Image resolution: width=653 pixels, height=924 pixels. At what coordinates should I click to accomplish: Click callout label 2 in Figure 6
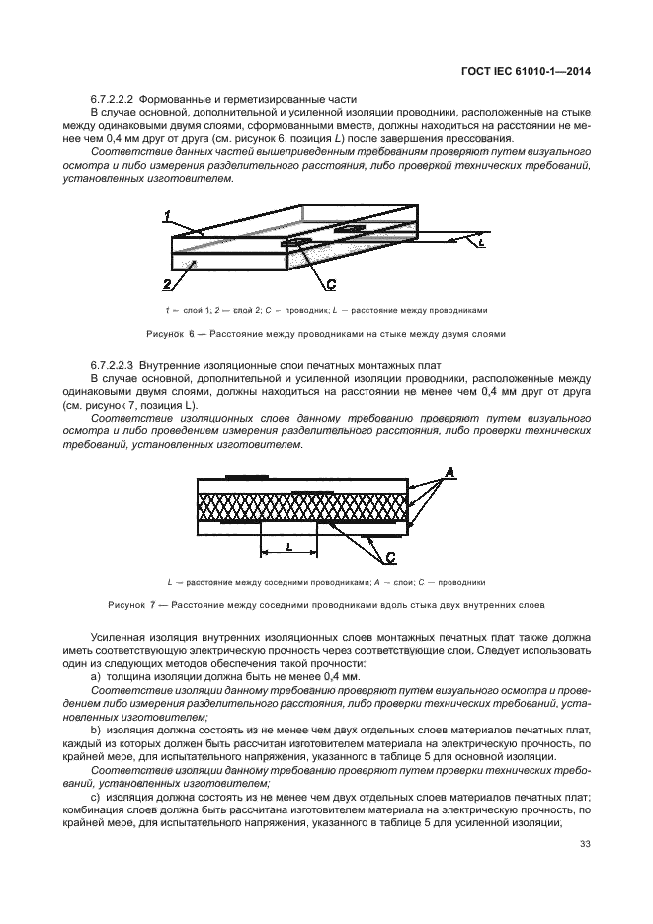pos(168,283)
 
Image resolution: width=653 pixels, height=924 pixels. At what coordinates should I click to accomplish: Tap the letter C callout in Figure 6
pos(331,284)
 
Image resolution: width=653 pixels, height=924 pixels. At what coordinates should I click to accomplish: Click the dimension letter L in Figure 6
pos(480,240)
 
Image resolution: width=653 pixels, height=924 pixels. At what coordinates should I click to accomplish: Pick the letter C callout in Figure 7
pos(391,556)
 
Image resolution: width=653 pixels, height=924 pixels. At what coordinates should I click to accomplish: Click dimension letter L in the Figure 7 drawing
pos(286,545)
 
